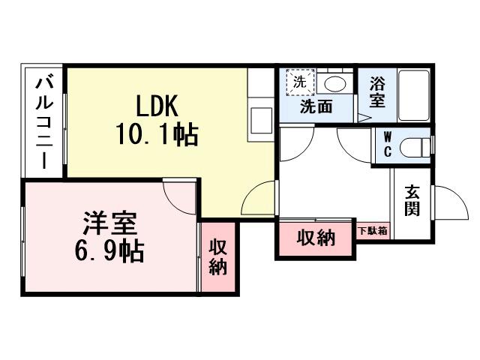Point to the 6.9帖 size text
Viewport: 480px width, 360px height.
point(110,251)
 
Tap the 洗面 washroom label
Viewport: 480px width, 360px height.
point(316,106)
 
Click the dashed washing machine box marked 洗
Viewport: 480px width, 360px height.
point(300,82)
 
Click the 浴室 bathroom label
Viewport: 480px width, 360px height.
point(377,91)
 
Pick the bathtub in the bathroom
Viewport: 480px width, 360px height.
point(413,96)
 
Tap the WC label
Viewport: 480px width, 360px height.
point(387,144)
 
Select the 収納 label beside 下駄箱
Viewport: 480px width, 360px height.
point(316,238)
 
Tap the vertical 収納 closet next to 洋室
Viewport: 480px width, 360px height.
point(217,256)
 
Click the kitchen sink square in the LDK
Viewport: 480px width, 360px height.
point(262,120)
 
